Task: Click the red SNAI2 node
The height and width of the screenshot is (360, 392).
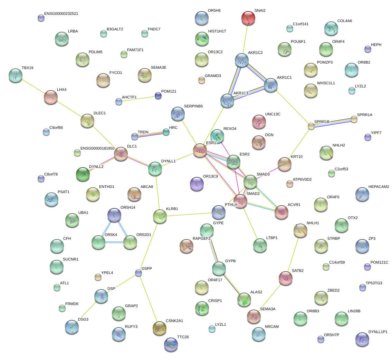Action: (x=248, y=18)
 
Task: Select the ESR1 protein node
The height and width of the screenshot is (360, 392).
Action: (x=200, y=151)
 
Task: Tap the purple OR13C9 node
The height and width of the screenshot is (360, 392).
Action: (x=197, y=183)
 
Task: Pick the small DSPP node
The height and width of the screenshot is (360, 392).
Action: (x=138, y=273)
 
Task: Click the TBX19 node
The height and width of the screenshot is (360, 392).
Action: (x=15, y=75)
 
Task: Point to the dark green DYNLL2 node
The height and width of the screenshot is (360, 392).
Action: (x=83, y=174)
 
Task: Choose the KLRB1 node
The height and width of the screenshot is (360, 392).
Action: (x=160, y=216)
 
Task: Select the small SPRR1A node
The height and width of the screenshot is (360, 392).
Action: (x=354, y=119)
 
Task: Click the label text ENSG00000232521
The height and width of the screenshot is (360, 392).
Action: (x=64, y=14)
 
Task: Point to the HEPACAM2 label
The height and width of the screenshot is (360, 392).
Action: (x=379, y=187)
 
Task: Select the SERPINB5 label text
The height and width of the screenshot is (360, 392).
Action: (x=193, y=106)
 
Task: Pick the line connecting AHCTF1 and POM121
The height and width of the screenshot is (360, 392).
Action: (x=138, y=98)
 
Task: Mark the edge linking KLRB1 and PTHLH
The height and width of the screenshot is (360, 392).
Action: (x=189, y=214)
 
